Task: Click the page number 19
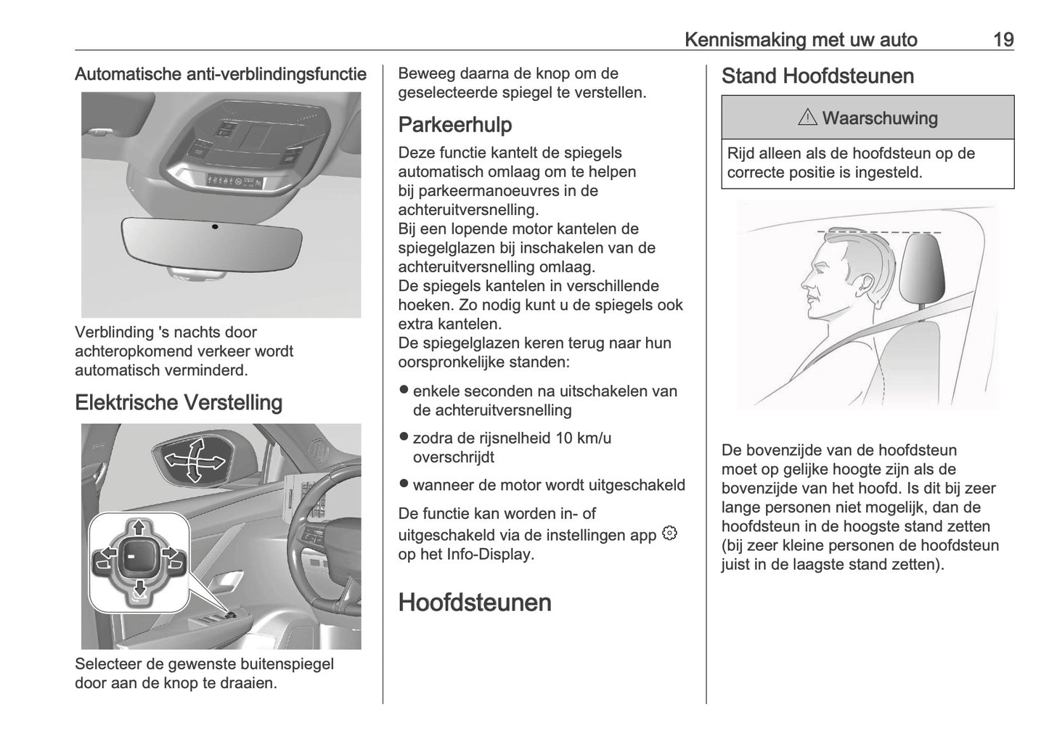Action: (x=1003, y=39)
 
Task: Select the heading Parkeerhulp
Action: (x=455, y=125)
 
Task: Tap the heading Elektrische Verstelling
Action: (x=179, y=402)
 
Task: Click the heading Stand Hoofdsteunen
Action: (x=817, y=76)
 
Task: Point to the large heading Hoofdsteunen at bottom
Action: (x=475, y=603)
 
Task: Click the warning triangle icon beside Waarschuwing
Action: (x=807, y=118)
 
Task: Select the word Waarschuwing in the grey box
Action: (x=879, y=118)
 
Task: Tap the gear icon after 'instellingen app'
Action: (x=669, y=534)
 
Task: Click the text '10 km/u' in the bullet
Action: (x=583, y=438)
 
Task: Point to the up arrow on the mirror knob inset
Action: (x=139, y=528)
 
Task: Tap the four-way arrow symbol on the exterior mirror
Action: (x=194, y=460)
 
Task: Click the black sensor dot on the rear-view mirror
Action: (x=215, y=226)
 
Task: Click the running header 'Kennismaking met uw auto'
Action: (x=801, y=39)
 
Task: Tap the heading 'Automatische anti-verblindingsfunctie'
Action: (x=221, y=74)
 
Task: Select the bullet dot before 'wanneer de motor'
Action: (x=404, y=483)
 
